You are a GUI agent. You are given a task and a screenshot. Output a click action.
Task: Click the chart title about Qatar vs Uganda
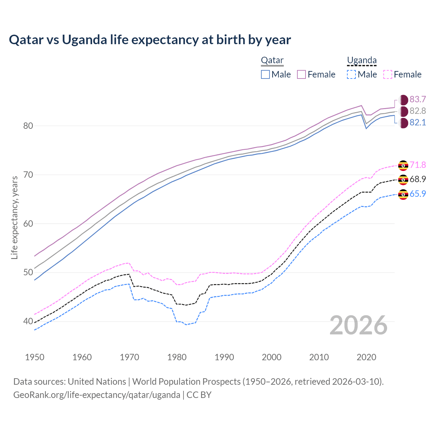point(150,40)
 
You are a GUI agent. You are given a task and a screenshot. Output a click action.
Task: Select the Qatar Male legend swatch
point(265,74)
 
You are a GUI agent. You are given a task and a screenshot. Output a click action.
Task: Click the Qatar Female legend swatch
point(301,74)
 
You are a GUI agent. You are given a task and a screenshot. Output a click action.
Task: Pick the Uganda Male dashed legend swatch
point(351,74)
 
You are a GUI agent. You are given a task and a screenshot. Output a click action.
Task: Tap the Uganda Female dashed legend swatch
point(388,74)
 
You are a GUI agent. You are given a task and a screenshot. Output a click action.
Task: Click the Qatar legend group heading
point(272,60)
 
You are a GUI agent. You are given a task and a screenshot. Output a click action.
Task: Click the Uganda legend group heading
point(362,60)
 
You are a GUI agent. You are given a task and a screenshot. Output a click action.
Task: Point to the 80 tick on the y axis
point(28,126)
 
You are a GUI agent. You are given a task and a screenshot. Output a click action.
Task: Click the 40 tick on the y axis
point(28,321)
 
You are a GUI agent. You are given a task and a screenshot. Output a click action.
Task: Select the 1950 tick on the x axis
point(35,357)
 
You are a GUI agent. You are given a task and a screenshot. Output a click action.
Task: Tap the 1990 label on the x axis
point(224,357)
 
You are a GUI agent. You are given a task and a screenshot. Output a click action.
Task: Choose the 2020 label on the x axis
point(366,357)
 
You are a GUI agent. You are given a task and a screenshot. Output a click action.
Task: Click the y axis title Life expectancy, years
point(14,217)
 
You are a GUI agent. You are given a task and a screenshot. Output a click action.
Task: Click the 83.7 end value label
point(418,99)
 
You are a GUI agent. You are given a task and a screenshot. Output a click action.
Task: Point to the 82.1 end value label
point(418,123)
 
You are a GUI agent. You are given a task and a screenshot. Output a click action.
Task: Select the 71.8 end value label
point(418,165)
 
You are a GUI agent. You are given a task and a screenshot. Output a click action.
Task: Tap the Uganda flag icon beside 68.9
point(403,179)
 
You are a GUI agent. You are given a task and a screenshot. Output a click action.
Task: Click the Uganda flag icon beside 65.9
point(403,194)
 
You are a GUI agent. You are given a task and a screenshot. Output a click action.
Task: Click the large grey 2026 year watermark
point(358,325)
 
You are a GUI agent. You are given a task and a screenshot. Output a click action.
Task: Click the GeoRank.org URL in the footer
point(97,395)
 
